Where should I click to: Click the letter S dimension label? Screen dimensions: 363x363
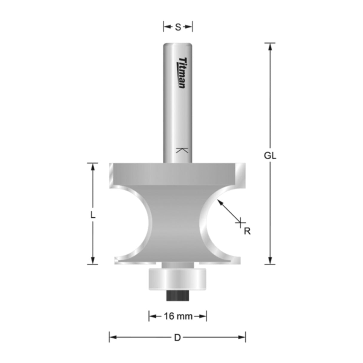(x=178, y=27)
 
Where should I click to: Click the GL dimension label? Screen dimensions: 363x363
(x=270, y=156)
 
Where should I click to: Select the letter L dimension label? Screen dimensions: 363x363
(x=93, y=215)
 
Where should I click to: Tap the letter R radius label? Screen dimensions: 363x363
(x=247, y=231)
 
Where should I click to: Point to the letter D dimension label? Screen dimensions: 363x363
(x=178, y=338)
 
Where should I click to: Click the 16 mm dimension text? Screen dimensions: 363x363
(x=178, y=316)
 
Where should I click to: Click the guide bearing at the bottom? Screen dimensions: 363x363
(x=178, y=278)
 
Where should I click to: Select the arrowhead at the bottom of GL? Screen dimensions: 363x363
(x=270, y=261)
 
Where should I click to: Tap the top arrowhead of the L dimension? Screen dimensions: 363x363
(x=93, y=167)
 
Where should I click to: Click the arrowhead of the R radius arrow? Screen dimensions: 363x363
(x=220, y=202)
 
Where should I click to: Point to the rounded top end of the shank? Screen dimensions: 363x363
(x=178, y=45)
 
